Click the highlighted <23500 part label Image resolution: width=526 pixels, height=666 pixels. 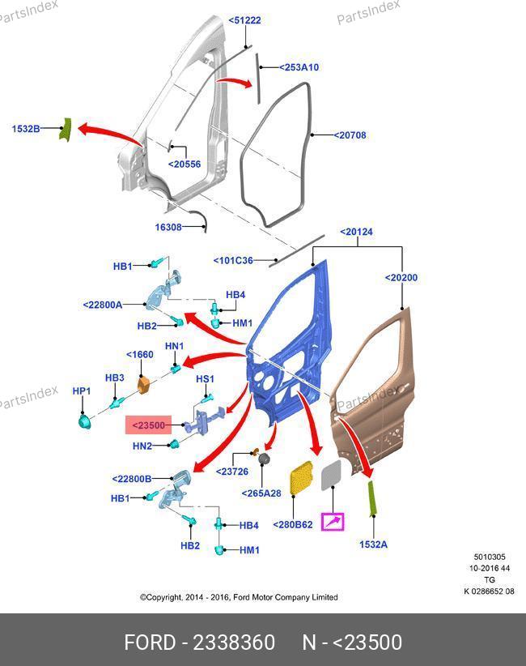pyautogui.click(x=148, y=425)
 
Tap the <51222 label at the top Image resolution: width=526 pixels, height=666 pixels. pyautogui.click(x=244, y=20)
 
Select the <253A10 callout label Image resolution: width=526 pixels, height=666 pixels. pyautogui.click(x=299, y=67)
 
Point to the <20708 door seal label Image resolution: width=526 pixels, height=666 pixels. pyautogui.click(x=350, y=135)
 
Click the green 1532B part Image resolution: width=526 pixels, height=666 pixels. pyautogui.click(x=65, y=129)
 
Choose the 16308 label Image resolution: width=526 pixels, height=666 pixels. pyautogui.click(x=168, y=227)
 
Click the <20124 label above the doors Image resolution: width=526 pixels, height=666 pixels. pyautogui.click(x=356, y=232)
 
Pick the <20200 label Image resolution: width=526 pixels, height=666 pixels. pyautogui.click(x=401, y=278)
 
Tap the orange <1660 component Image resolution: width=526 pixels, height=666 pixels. pyautogui.click(x=144, y=384)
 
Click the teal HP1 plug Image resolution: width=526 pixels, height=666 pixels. pyautogui.click(x=84, y=422)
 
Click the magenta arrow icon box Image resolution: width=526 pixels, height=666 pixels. pyautogui.click(x=333, y=522)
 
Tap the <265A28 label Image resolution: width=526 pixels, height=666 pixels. pyautogui.click(x=261, y=493)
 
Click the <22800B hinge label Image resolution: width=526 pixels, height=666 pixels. pyautogui.click(x=131, y=479)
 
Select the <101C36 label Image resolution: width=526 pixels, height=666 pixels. pyautogui.click(x=233, y=260)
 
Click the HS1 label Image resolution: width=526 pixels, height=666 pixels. pyautogui.click(x=205, y=378)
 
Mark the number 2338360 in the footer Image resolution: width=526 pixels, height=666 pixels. pyautogui.click(x=234, y=643)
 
